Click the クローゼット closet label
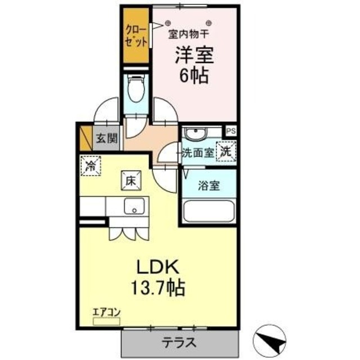pyautogui.click(x=137, y=35)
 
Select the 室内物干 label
pyautogui.click(x=190, y=34)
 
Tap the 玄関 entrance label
pyautogui.click(x=105, y=138)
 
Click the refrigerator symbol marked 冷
pyautogui.click(x=91, y=166)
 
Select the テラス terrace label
pyautogui.click(x=180, y=341)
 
